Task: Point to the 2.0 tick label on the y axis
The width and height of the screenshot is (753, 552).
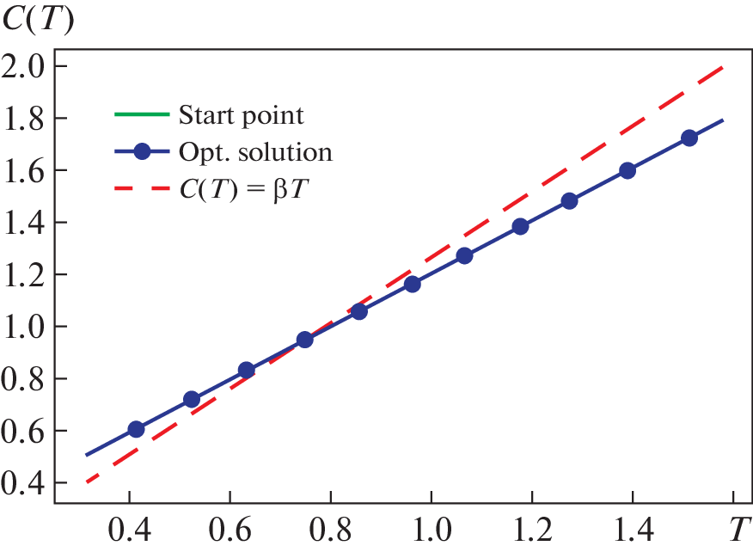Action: (x=25, y=66)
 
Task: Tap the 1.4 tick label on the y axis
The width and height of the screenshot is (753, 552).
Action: (x=25, y=223)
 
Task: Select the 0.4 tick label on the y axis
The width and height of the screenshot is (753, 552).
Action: (x=25, y=483)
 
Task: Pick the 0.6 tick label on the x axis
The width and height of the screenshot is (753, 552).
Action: (x=230, y=524)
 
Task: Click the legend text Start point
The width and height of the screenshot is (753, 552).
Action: (x=241, y=114)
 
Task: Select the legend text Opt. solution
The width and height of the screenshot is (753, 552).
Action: (x=255, y=153)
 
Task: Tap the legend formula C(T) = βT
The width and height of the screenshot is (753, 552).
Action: (x=243, y=191)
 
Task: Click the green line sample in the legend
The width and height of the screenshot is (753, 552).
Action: (x=142, y=114)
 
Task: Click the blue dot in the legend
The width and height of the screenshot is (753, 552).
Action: (x=143, y=153)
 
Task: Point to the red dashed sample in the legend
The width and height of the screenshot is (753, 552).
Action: (x=142, y=191)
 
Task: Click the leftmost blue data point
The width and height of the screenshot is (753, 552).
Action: (x=136, y=429)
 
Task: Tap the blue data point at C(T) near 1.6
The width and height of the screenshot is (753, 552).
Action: (x=627, y=170)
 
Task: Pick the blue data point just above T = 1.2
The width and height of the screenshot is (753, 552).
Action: (x=520, y=227)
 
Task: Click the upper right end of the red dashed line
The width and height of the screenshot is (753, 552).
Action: (x=722, y=67)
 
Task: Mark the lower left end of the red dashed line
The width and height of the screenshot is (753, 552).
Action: (x=88, y=481)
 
